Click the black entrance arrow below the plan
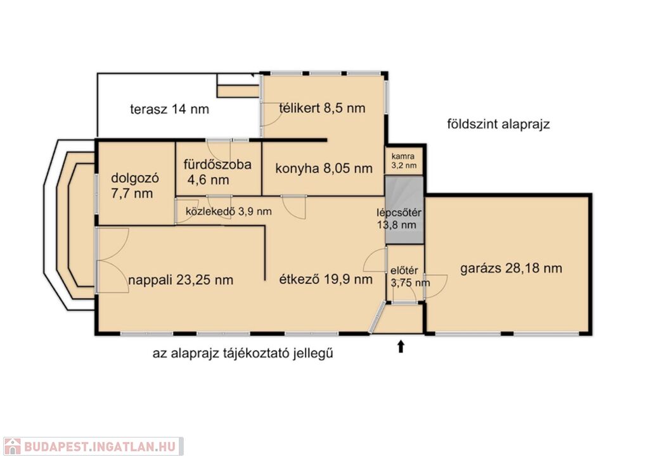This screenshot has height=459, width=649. tap(401, 346)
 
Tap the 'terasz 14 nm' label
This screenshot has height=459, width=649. tap(169, 109)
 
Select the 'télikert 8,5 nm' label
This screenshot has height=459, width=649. tap(322, 108)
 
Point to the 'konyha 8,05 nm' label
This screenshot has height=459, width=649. tap(324, 168)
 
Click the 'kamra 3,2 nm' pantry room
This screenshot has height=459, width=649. tap(404, 161)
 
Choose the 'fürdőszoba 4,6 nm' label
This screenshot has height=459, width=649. tap(217, 172)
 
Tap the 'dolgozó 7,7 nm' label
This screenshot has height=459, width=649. tap(135, 185)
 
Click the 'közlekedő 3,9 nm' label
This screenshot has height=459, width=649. tap(228, 211)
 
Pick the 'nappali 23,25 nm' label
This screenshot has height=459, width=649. tap(181, 280)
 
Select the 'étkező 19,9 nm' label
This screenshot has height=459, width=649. tap(326, 279)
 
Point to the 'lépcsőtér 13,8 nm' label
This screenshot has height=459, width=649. tap(398, 219)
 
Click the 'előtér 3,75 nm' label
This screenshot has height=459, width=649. tap(410, 277)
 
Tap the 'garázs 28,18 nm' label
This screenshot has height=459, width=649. tap(511, 268)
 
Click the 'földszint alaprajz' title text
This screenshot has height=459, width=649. tap(498, 123)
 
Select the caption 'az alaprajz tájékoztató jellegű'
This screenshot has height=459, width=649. tap(243, 353)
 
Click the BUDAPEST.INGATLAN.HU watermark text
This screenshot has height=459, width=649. tap(100, 446)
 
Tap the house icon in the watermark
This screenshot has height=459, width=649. tap(12, 446)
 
